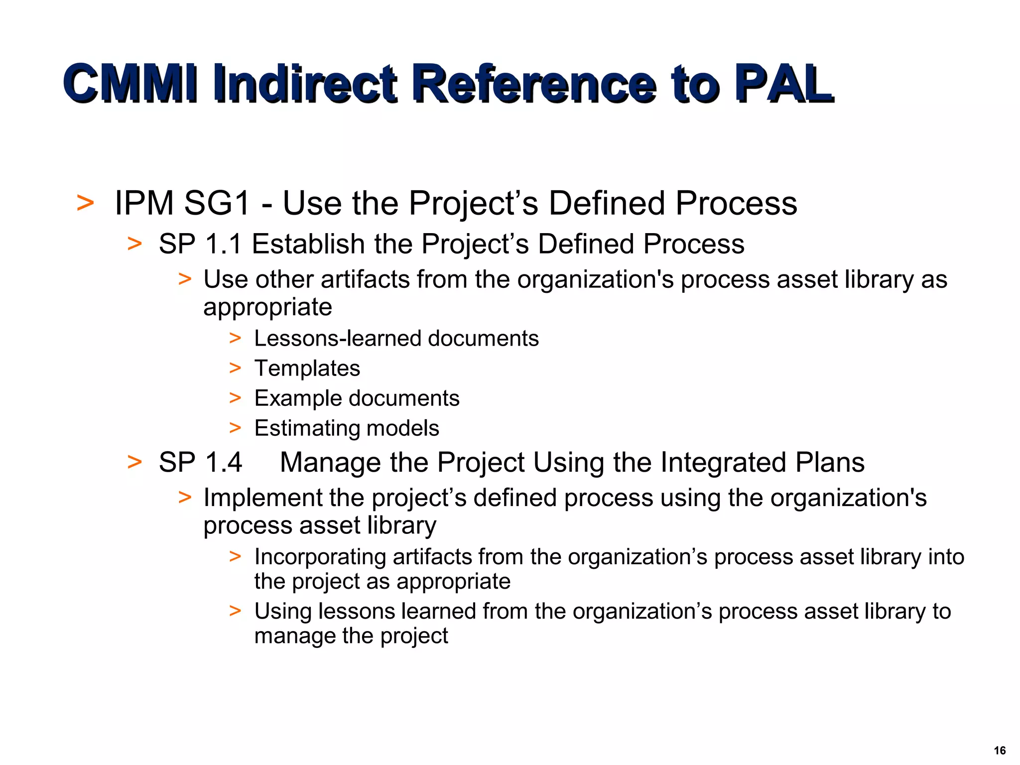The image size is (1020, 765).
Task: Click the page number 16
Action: coord(1000,751)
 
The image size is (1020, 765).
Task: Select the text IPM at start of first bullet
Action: coord(144,203)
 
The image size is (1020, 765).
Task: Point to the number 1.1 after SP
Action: coord(223,244)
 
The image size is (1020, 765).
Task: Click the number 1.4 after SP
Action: coord(223,462)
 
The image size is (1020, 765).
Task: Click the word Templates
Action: coord(307,369)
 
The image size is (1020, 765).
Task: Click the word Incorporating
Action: coord(320,557)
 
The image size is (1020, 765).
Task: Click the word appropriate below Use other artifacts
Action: coord(267,307)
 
